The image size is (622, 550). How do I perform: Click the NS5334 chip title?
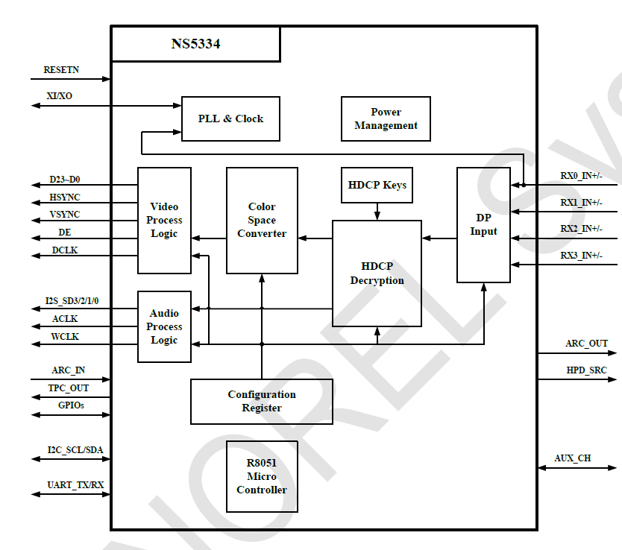point(195,44)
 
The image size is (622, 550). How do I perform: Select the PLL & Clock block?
point(230,118)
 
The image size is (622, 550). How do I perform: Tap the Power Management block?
point(386,118)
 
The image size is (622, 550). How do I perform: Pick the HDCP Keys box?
point(377,185)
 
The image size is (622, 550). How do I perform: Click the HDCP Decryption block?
point(377,274)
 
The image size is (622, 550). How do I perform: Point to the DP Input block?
point(483,225)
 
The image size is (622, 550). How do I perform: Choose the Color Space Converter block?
point(262,221)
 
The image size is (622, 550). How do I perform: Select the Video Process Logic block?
point(164,221)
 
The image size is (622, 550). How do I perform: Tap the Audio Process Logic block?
point(164,326)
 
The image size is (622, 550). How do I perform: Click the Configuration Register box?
point(262,401)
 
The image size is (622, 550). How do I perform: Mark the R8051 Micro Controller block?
point(262,476)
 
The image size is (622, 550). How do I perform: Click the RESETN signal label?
point(61,70)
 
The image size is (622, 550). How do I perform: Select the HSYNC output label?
point(65,197)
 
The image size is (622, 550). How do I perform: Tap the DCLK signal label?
point(65,250)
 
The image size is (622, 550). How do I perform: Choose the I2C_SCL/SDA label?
point(75,450)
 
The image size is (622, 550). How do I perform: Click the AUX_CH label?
point(573,458)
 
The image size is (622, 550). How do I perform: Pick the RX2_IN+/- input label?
point(581,229)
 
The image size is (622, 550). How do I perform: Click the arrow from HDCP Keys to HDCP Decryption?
point(377,212)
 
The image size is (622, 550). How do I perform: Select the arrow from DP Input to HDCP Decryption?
point(439,238)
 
